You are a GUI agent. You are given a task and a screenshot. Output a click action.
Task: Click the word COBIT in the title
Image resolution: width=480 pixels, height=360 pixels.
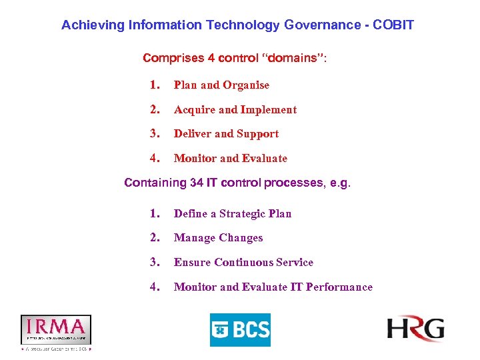point(393,25)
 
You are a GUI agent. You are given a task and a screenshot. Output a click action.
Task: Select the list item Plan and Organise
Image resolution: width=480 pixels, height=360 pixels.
point(221,85)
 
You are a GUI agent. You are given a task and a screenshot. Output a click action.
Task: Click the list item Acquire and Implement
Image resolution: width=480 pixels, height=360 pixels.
point(235,110)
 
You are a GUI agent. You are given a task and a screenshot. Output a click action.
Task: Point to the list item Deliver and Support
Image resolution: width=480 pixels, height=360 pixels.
point(226,134)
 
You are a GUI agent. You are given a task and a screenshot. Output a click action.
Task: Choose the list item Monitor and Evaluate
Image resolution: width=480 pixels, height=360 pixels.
point(230,159)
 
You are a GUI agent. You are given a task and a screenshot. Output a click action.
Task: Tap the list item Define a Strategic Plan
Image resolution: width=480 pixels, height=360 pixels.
point(233,214)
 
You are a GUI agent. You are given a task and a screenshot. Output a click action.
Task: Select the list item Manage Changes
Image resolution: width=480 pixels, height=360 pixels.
point(218,238)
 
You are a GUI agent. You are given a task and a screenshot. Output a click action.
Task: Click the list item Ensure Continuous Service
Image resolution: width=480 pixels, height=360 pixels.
point(243,263)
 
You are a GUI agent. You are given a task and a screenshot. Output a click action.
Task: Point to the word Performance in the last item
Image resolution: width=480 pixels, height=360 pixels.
point(341,287)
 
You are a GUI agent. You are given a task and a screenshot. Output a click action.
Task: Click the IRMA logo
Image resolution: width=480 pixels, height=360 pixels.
point(55,330)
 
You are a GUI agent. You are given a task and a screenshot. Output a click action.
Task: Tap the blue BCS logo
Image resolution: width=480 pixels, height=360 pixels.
point(240,330)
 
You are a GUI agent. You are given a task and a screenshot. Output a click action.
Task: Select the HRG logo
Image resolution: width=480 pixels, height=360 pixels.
point(416,329)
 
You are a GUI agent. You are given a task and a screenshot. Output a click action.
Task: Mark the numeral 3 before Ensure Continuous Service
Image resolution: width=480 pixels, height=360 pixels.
point(155,263)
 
